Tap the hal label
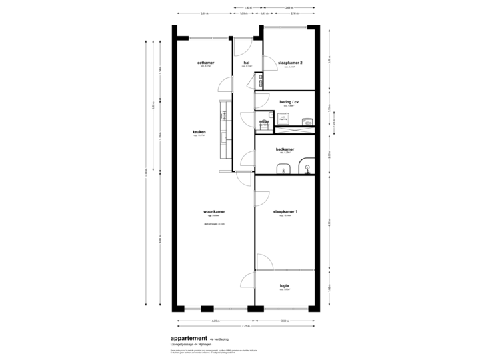[246, 63]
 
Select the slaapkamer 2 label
[290, 63]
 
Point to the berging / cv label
[289, 102]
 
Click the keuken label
[199, 132]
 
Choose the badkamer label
[285, 150]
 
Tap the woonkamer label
[214, 212]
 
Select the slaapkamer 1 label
[285, 212]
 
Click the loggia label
[285, 286]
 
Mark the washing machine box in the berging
[283, 118]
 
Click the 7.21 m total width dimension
[245, 325]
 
